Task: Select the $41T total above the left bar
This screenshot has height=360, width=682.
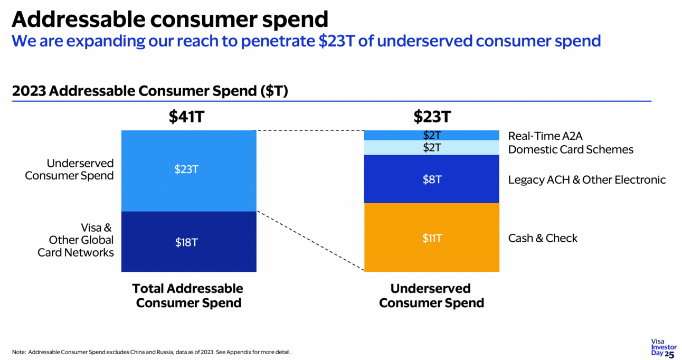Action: coord(186,117)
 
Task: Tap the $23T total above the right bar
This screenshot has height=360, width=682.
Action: coord(432,117)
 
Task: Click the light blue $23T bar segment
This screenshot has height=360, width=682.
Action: coord(188,170)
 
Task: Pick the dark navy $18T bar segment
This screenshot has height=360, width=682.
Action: coord(188,242)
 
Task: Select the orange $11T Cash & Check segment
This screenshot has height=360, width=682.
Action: coord(432,238)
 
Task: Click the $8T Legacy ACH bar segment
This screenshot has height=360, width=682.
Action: coord(432,179)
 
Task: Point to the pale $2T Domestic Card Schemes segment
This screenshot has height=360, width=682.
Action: coord(432,148)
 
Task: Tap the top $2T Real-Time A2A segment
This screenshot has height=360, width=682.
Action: coord(432,135)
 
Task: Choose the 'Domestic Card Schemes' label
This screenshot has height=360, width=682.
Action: coord(571,149)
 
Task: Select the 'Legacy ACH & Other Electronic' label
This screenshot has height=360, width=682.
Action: coord(587,179)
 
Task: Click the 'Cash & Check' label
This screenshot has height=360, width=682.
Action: coord(543,238)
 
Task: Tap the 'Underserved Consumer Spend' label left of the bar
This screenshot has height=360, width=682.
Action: coord(69,169)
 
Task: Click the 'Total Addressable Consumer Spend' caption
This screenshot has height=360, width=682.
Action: coord(188,296)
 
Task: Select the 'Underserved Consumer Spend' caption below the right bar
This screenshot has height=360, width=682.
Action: coord(431,296)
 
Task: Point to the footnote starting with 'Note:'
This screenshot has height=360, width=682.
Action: coord(151,352)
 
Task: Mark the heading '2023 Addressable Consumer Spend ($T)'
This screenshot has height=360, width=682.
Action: coord(150,91)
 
